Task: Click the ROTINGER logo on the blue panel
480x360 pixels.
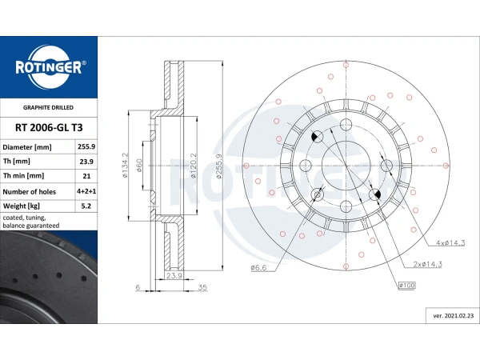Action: click(49, 67)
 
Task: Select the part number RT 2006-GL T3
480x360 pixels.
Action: click(49, 128)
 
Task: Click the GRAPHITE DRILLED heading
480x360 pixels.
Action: click(48, 107)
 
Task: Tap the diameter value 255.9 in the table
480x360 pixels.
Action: click(86, 146)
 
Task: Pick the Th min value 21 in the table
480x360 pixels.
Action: click(86, 176)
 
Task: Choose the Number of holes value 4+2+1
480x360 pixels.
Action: click(86, 191)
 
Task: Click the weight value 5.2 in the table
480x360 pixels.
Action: click(86, 206)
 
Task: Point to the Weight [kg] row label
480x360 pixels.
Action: click(21, 206)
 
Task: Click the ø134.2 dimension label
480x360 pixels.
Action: click(125, 166)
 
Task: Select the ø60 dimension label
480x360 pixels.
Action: click(139, 165)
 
